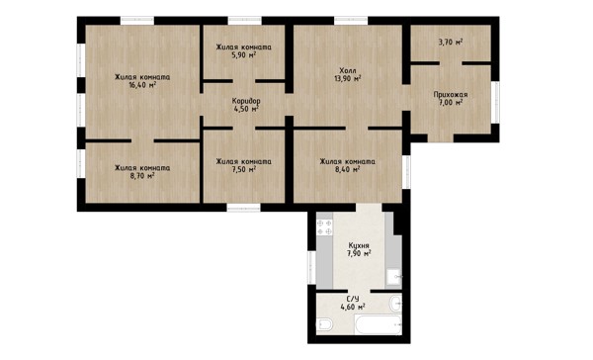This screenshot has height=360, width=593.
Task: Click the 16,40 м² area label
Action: pyautogui.click(x=142, y=85)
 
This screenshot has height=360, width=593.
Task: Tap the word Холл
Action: pyautogui.click(x=348, y=71)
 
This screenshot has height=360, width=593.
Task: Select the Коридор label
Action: pyautogui.click(x=246, y=101)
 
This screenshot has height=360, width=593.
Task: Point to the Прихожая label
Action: pyautogui.click(x=451, y=94)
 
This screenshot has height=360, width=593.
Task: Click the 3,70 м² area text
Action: pyautogui.click(x=451, y=42)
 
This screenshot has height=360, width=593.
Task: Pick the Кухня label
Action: pyautogui.click(x=359, y=245)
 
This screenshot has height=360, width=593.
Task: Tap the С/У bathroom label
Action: pyautogui.click(x=353, y=299)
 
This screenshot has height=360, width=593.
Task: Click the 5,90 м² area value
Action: pyautogui.click(x=244, y=55)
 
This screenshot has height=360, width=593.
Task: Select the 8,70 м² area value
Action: pyautogui.click(x=142, y=176)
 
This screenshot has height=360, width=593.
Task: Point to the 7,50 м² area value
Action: pyautogui.click(x=244, y=169)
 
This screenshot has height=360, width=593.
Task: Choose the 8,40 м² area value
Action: pyautogui.click(x=347, y=169)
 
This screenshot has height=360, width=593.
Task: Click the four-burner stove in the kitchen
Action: pyautogui.click(x=324, y=227)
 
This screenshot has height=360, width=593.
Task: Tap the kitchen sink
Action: pyautogui.click(x=393, y=277)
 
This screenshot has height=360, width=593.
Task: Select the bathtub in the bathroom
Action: pyautogui.click(x=378, y=325)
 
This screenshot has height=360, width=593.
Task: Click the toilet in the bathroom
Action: pyautogui.click(x=324, y=324)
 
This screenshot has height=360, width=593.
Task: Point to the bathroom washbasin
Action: pyautogui.click(x=396, y=303)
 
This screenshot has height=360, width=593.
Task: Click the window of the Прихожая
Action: pyautogui.click(x=495, y=102)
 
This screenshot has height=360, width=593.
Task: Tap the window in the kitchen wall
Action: pyautogui.click(x=311, y=267)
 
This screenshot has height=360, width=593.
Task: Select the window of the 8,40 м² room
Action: pyautogui.click(x=406, y=172)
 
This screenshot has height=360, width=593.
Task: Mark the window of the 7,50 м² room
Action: pyautogui.click(x=243, y=208)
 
